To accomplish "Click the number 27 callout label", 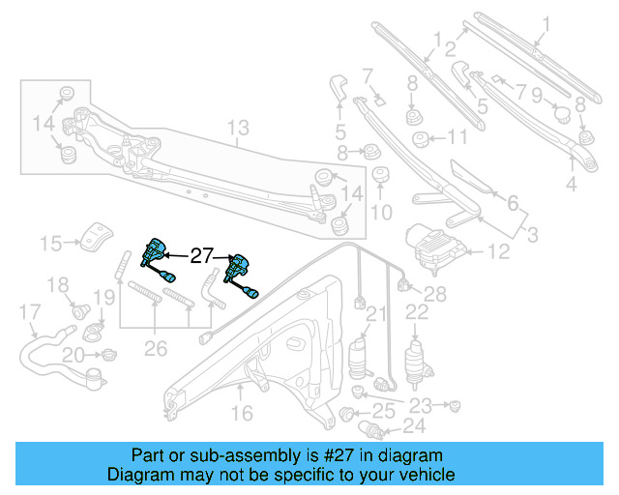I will (200, 257).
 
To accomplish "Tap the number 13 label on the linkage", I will (238, 128).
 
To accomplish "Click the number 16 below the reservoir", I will (241, 414).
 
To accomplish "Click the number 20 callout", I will (73, 356).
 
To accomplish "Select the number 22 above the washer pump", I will (416, 311).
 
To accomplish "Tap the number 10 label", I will (382, 212).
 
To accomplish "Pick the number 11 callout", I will (456, 136).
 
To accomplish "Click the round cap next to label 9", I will (559, 114).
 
